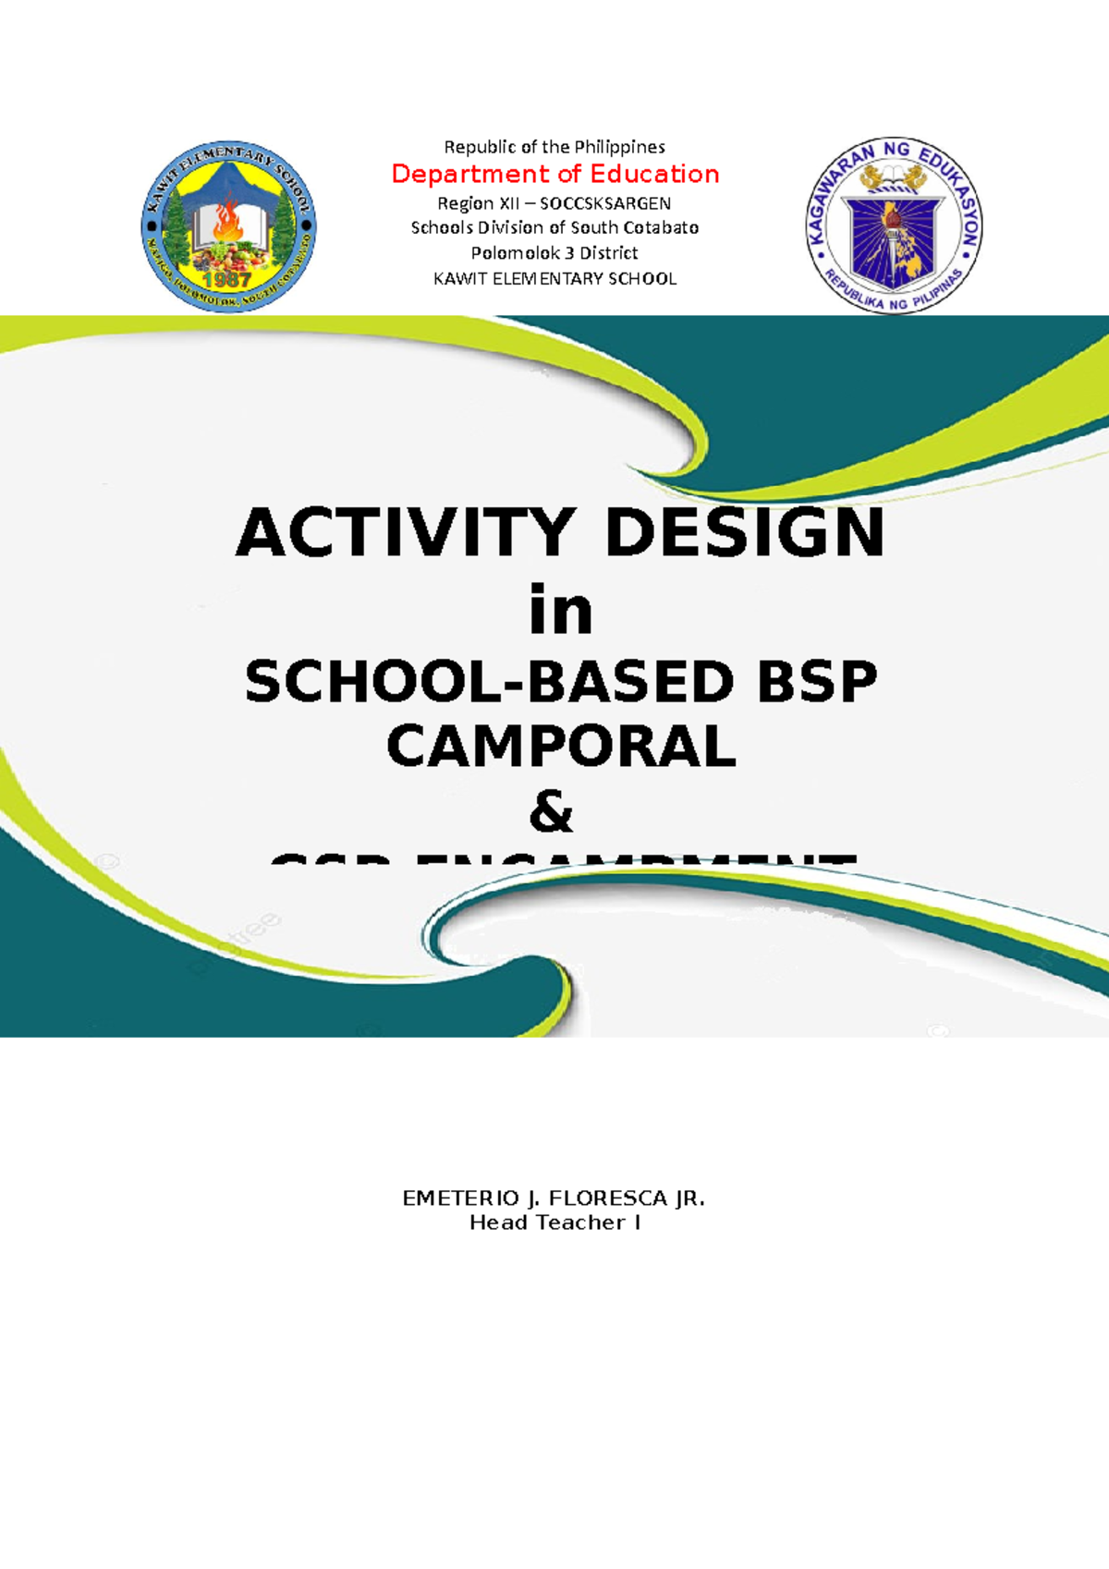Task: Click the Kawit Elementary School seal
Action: (x=228, y=227)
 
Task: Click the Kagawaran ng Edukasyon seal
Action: (x=893, y=227)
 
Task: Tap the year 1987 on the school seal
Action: (x=227, y=279)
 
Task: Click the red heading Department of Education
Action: (x=554, y=174)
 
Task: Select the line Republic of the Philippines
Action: (x=554, y=147)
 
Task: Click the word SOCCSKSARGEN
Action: (x=605, y=203)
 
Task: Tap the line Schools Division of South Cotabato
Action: (x=554, y=227)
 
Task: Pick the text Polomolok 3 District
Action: (x=554, y=252)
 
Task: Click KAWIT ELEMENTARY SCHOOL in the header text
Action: (x=554, y=278)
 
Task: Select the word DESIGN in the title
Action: (x=744, y=534)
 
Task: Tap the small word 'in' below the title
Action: (x=560, y=611)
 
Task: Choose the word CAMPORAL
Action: (x=561, y=747)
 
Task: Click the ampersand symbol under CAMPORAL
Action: (x=551, y=813)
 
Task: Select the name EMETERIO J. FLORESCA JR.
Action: (x=554, y=1198)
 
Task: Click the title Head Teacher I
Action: (x=554, y=1222)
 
